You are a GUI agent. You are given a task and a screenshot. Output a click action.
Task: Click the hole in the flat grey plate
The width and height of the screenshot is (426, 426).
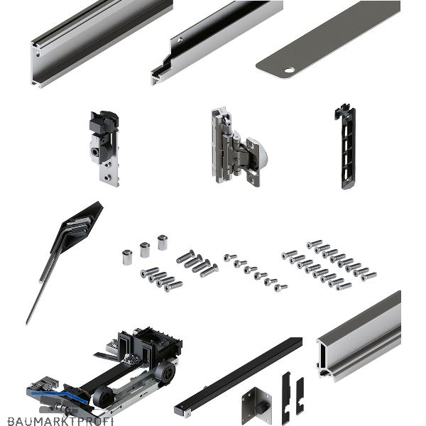(289, 70)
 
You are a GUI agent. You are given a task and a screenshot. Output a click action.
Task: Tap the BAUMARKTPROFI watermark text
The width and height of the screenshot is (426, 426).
(60, 421)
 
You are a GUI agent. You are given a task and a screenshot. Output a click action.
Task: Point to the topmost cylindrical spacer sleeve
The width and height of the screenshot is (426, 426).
(163, 242)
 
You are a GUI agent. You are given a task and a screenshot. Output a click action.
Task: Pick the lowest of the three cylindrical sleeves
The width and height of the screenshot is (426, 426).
(127, 257)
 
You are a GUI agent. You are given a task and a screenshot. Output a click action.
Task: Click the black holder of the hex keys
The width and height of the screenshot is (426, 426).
(77, 227)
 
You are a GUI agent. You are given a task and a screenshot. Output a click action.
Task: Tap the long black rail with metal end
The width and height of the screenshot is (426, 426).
(238, 377)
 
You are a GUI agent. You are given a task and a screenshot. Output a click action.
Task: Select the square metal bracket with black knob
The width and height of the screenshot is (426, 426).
(256, 405)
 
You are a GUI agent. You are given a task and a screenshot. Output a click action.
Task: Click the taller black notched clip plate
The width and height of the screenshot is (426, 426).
(286, 398)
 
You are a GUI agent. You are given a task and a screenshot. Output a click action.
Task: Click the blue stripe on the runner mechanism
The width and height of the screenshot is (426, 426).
(59, 397)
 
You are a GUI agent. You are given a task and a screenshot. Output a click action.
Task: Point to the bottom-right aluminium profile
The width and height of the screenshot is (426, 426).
(359, 336)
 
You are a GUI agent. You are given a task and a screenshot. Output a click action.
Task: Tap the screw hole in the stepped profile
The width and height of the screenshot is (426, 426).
(180, 41)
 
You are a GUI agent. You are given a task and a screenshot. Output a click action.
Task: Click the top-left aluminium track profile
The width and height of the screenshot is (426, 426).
(102, 43)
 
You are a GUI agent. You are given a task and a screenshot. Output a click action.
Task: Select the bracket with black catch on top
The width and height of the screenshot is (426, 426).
(104, 148)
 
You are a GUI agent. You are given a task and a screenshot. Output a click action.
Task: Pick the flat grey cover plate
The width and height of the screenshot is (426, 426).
(328, 39)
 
